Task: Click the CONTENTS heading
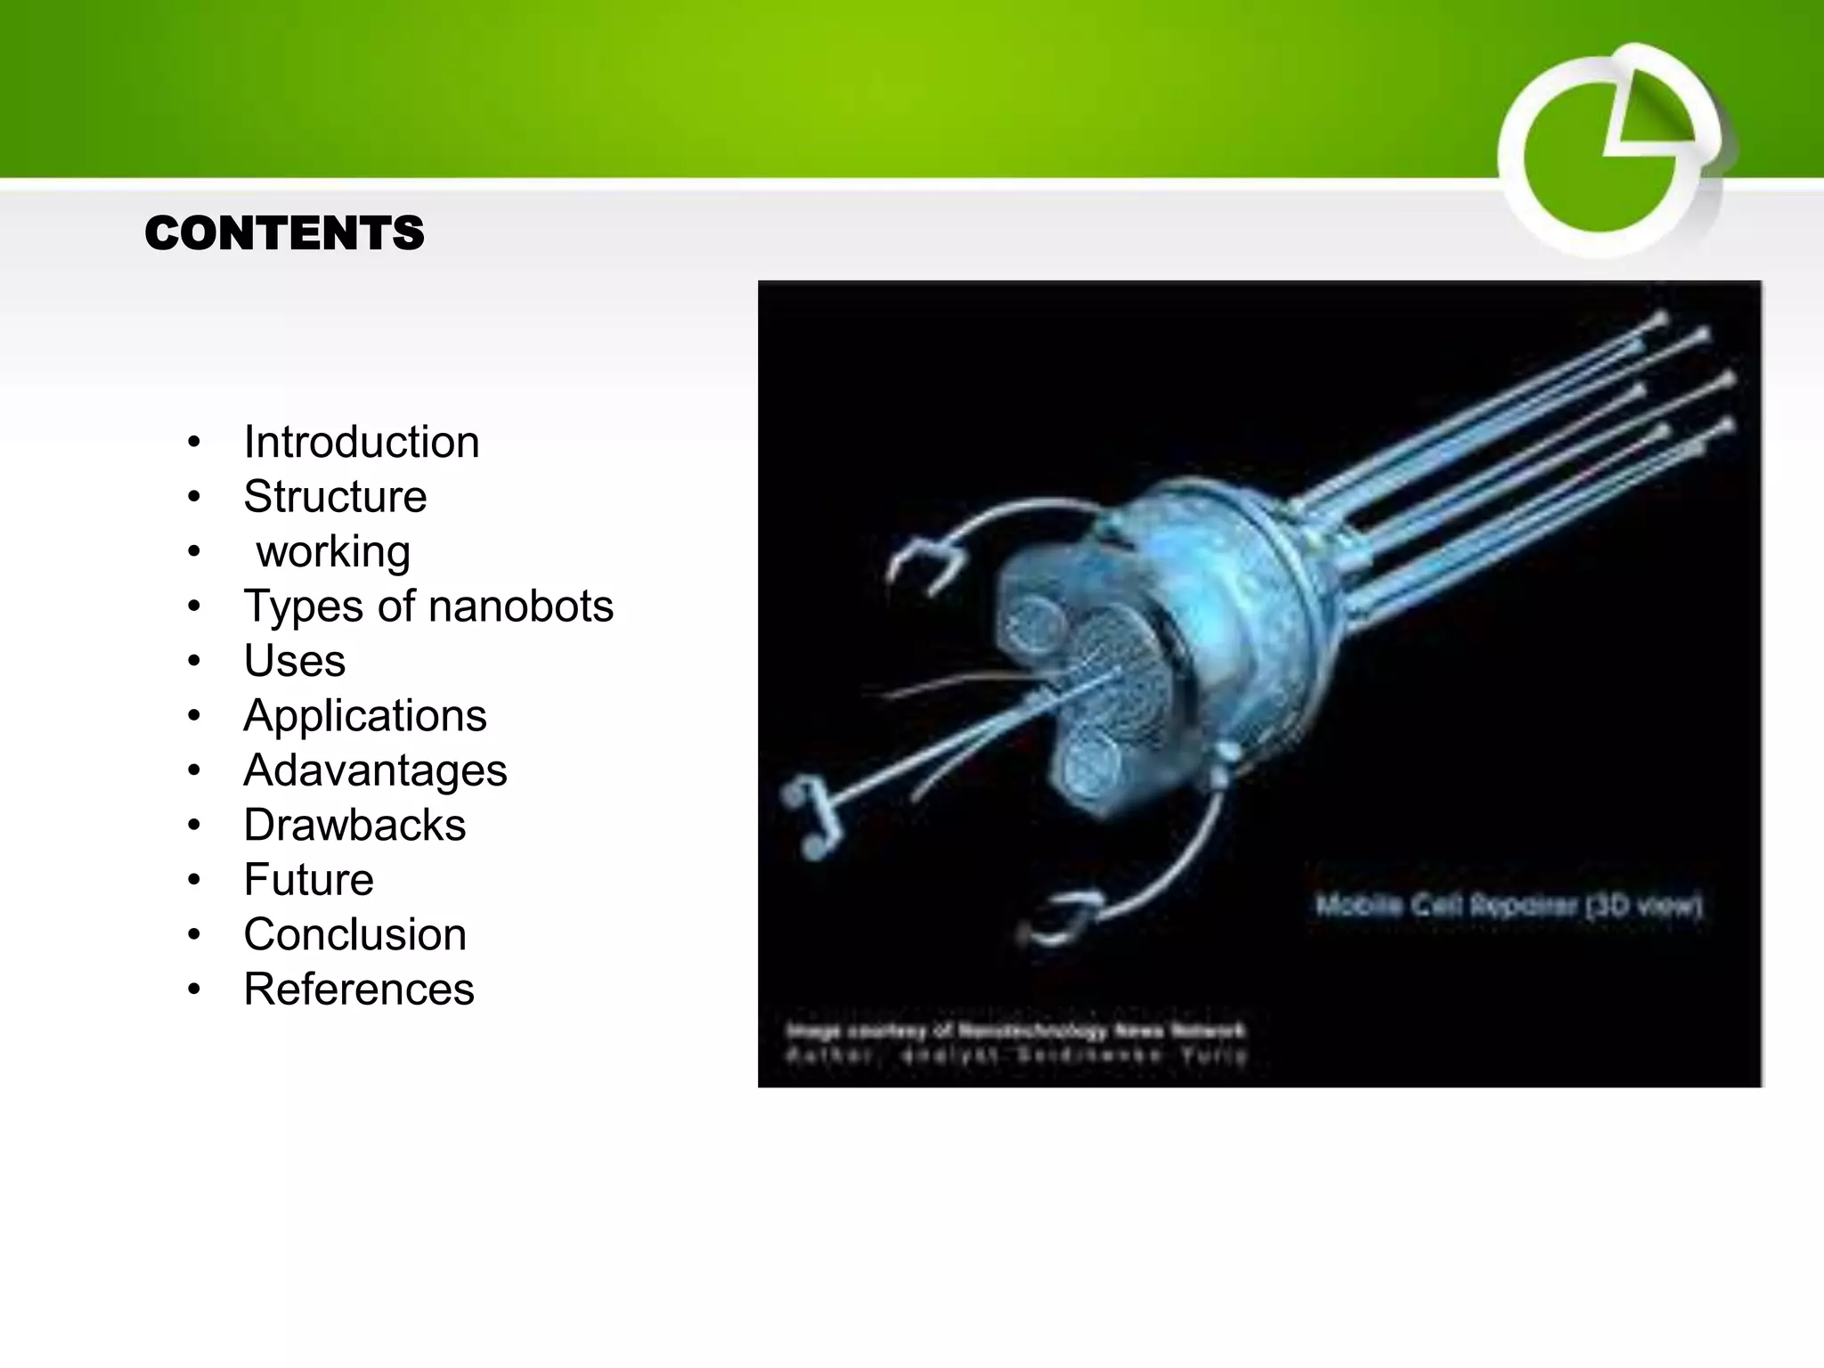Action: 284,233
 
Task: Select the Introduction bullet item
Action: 361,442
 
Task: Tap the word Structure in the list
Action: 335,496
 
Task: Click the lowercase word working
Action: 333,551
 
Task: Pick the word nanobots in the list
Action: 521,607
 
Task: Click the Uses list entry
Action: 294,661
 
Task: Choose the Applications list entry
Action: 365,716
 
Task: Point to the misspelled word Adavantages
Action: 375,770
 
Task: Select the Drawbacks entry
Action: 354,826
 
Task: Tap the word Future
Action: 308,880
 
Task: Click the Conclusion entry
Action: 354,935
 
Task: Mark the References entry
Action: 359,989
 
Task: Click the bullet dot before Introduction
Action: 194,443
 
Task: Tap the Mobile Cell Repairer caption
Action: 1508,907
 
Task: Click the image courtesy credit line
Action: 1015,1031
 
